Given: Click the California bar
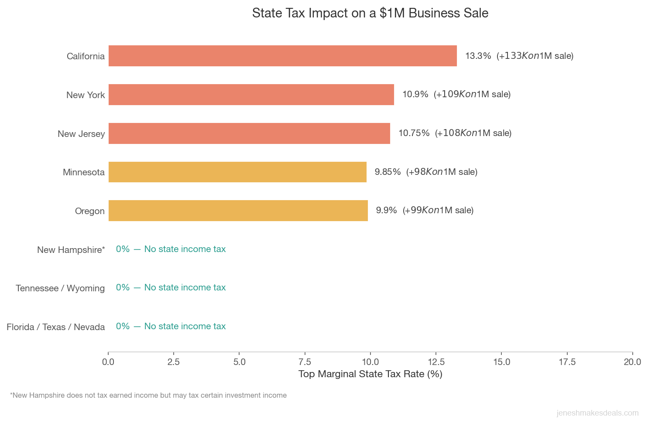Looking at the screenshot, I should click(282, 56).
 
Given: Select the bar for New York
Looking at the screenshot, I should click(251, 95).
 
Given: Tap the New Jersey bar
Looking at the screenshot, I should click(249, 133).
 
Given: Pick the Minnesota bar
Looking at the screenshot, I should click(237, 172).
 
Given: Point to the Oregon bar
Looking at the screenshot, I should click(238, 211).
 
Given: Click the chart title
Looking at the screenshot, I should click(370, 13).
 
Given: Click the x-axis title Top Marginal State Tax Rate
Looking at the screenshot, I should click(370, 374).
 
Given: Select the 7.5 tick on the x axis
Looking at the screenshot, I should click(305, 362).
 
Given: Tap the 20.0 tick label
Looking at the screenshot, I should click(632, 362).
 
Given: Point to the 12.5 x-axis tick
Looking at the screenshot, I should click(436, 362).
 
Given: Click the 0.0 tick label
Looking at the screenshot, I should click(108, 362).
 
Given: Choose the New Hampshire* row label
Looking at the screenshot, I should click(71, 250).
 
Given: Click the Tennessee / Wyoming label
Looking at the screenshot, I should click(60, 288).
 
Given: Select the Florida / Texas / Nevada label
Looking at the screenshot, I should click(55, 327).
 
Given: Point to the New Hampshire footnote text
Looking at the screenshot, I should click(148, 396).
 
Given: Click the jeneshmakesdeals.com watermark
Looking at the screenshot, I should click(597, 413).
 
